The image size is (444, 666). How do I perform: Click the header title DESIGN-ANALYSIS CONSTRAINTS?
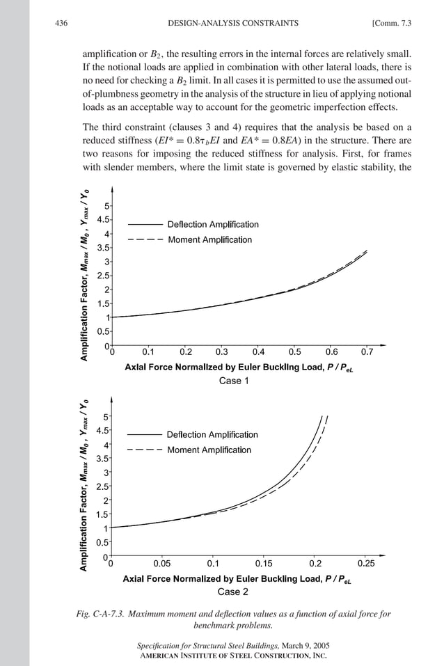[233, 24]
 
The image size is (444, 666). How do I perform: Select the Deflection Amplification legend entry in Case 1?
[212, 224]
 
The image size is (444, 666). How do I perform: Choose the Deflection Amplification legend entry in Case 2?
[212, 434]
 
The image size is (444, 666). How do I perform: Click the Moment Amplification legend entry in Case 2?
[209, 450]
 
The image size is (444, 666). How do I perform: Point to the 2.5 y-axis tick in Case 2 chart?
[102, 486]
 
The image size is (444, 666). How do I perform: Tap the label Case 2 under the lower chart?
[233, 592]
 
